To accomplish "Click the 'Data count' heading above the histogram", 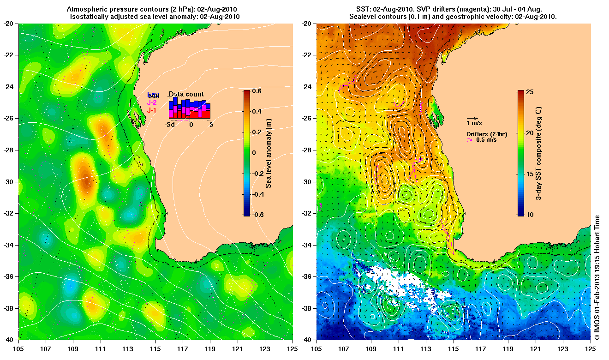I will [186, 94].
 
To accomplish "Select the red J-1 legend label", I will [152, 110].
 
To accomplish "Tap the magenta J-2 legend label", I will [152, 103].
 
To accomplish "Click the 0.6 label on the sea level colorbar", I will [256, 91].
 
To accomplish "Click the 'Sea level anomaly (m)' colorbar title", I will [269, 153].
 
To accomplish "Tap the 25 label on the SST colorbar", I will [530, 92].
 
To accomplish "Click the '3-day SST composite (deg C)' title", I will [538, 153].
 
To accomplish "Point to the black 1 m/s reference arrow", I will [472, 118].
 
